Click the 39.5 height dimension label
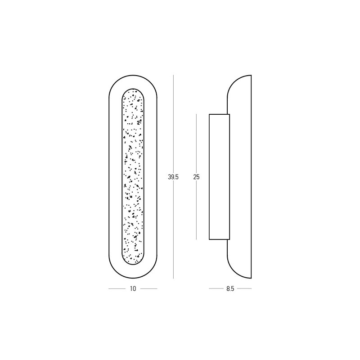173,177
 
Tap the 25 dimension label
196,177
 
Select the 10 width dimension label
133,288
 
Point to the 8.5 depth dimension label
230,289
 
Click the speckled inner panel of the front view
133,176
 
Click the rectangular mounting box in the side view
219,177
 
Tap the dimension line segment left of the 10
117,288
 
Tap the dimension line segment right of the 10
149,288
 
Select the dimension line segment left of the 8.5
216,288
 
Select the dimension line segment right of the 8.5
244,288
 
